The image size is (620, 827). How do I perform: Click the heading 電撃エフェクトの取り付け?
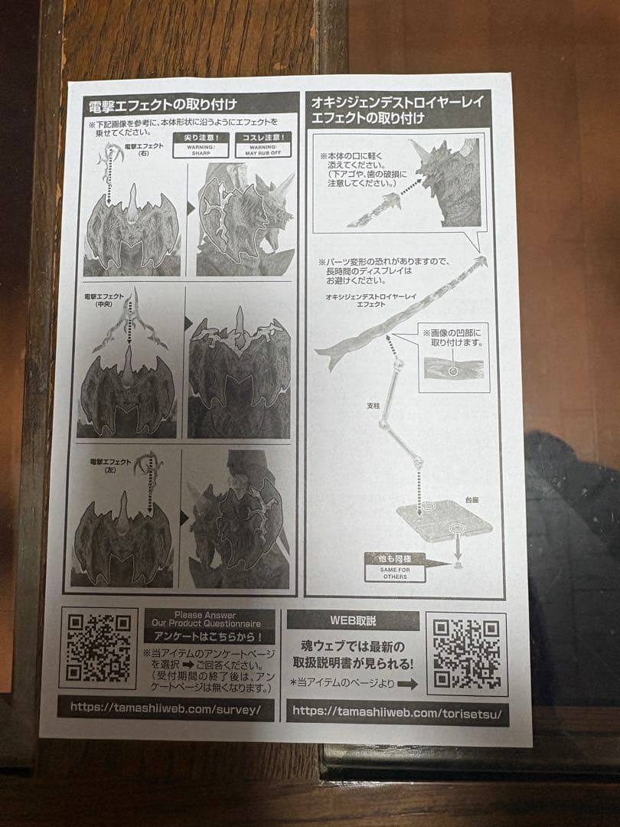coord(163,104)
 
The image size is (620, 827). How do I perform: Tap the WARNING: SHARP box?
coord(201,145)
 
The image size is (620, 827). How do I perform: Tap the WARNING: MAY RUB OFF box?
coord(263,145)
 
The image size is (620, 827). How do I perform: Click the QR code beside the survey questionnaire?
coord(98,647)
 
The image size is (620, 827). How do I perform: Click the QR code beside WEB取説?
coord(466,653)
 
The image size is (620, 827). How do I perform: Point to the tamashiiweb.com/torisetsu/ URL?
coord(396,711)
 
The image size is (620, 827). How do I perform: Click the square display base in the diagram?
coord(446,521)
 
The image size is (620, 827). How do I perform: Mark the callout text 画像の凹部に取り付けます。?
coord(453,337)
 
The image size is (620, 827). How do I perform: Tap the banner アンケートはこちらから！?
coord(209,636)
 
